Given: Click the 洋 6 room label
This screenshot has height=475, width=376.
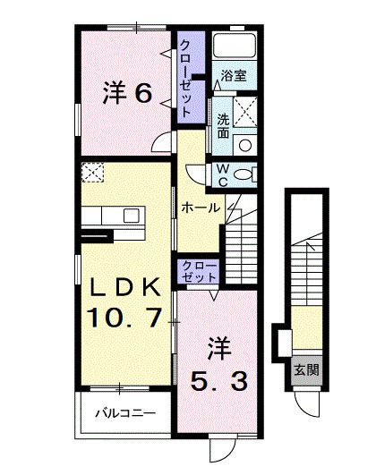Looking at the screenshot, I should click(126, 92).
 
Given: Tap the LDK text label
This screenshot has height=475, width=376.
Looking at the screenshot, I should click(123, 288).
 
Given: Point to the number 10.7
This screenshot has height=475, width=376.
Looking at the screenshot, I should click(124, 317).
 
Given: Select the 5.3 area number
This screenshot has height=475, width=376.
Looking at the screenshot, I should click(218, 379).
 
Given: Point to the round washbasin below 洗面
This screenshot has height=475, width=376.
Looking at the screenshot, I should click(246, 143).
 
